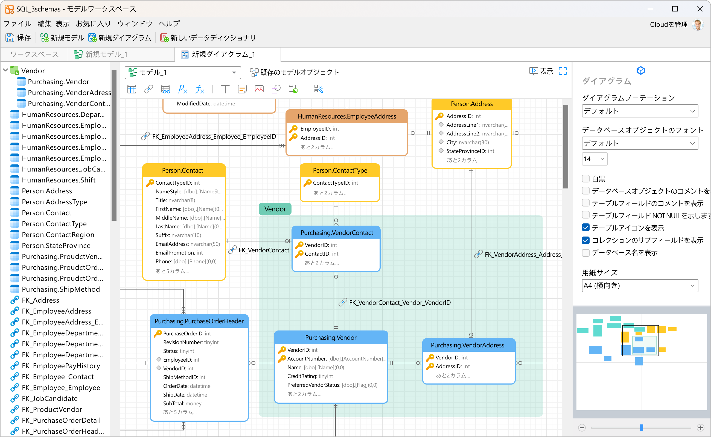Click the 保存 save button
pyautogui.click(x=18, y=38)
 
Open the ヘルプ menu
pyautogui.click(x=169, y=23)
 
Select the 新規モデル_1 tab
pyautogui.click(x=101, y=54)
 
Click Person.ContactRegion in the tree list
pyautogui.click(x=58, y=235)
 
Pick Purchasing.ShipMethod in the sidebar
pyautogui.click(x=61, y=289)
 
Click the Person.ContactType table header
pyautogui.click(x=340, y=170)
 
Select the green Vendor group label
pyautogui.click(x=275, y=209)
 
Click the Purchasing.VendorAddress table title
pyautogui.click(x=468, y=345)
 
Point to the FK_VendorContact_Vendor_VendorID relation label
pyautogui.click(x=400, y=303)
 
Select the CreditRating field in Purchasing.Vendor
pyautogui.click(x=310, y=376)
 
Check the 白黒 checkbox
pyautogui.click(x=586, y=179)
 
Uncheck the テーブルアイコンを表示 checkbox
pyautogui.click(x=586, y=228)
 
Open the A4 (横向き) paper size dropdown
pyautogui.click(x=640, y=286)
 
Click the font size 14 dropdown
pyautogui.click(x=595, y=159)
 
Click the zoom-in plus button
pyautogui.click(x=701, y=428)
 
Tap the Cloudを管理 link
pyautogui.click(x=668, y=25)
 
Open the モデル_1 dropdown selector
pyautogui.click(x=183, y=72)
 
